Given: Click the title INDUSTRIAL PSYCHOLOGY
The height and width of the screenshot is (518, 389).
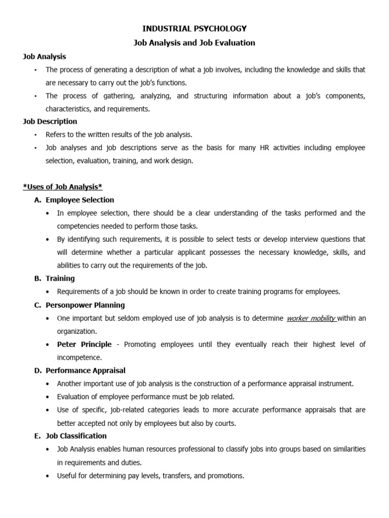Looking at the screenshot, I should pos(194,28).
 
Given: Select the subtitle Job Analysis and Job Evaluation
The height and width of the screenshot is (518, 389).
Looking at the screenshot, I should pos(194,43).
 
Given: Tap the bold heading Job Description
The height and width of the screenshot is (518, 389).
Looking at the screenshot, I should pos(50,121).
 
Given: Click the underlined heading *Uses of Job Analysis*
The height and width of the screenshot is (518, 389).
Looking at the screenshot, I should pos(63,187).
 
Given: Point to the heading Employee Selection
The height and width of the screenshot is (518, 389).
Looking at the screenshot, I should pos(80,200).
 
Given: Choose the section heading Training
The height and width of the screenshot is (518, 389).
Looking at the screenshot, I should pos(60,278).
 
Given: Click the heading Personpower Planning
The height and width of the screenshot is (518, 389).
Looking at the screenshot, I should pos(85,305).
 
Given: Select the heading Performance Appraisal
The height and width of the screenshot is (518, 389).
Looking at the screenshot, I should pos(86,370).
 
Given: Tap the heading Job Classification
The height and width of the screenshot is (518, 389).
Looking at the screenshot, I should pos(76,436).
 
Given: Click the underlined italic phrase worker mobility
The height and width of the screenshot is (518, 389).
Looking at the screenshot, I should pos(311,318).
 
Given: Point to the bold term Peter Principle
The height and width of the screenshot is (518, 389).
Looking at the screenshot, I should pos(85,344).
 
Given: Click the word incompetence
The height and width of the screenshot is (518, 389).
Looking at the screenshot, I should pos(79,357).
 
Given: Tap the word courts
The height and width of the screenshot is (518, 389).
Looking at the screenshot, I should pos(224,423).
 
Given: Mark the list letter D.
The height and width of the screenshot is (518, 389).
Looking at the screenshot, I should pos(37,370).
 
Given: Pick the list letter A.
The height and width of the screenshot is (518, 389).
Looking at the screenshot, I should pos(37,200).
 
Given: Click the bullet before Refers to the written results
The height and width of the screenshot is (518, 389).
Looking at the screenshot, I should pos(36,135).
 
